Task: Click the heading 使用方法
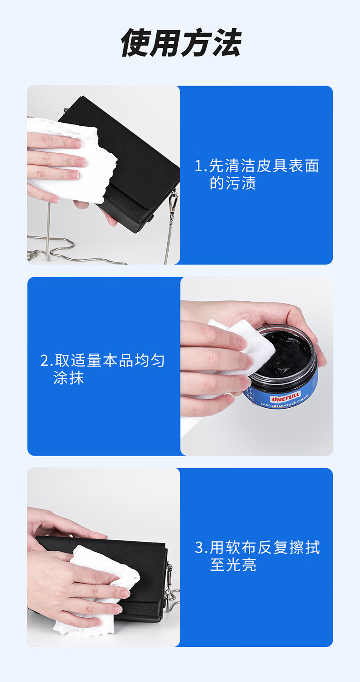click(181, 43)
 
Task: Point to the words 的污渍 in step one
click(233, 183)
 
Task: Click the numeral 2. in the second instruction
click(47, 361)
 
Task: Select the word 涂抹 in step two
click(68, 378)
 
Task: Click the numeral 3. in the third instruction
click(201, 548)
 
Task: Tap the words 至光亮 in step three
click(233, 565)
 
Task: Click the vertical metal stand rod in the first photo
click(48, 231)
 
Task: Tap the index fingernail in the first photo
click(77, 143)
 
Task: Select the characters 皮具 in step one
click(264, 166)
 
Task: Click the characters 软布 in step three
click(241, 548)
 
